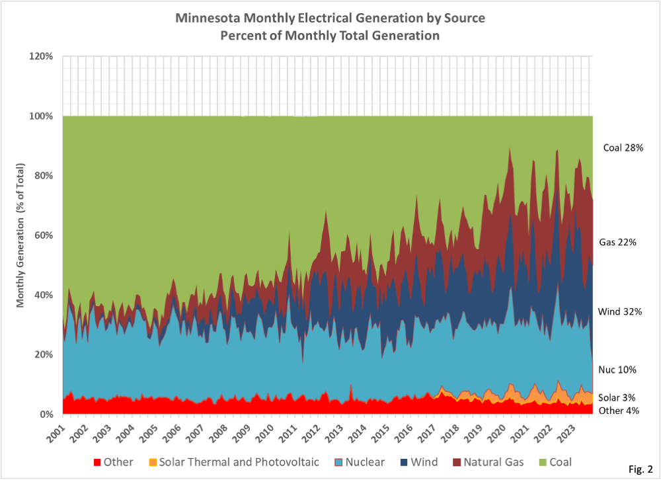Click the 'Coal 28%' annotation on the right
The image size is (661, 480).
pos(622,148)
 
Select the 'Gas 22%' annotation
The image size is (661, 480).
pos(617,243)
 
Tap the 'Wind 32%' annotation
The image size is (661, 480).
pos(620,311)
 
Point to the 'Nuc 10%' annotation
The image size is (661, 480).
pos(618,370)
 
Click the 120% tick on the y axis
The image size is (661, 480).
pos(41,56)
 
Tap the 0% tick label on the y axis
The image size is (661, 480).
pos(46,415)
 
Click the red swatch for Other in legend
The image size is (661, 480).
pos(97,462)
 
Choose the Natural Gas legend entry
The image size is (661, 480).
pos(485,462)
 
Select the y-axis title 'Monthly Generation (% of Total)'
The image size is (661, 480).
pos(20,235)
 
